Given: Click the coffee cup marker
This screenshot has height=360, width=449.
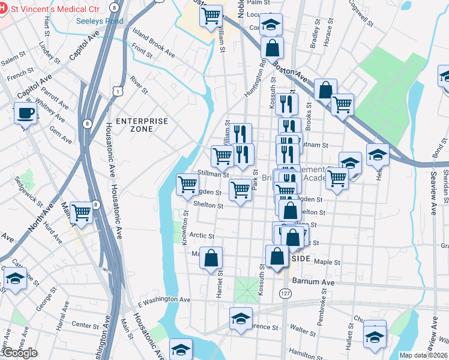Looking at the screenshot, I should point(25,113).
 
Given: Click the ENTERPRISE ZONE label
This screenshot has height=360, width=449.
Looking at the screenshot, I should point(142,125).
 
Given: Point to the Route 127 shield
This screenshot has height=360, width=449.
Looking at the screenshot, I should point(285,292).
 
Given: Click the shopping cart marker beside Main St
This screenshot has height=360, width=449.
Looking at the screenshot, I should point(81,212).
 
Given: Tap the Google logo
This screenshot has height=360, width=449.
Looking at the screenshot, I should point(20,353).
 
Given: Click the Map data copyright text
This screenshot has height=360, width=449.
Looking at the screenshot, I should point(424,355).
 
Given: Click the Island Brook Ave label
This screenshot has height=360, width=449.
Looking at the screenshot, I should point(155,50).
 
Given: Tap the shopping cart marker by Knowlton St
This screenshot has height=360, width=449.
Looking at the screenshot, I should point(188,184).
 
